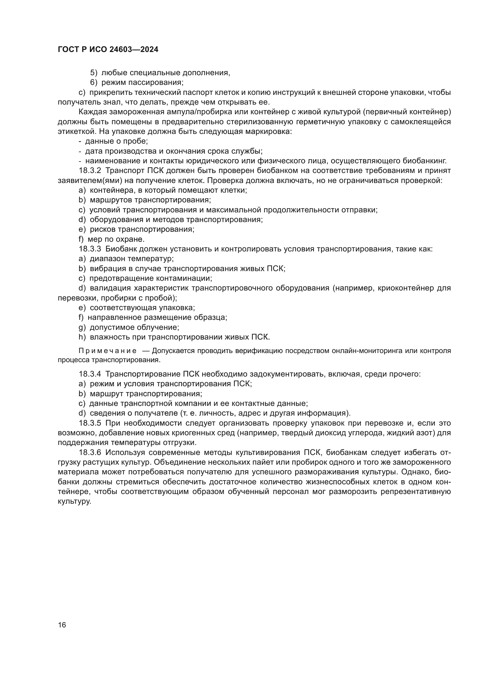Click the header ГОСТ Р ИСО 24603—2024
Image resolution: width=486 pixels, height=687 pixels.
(x=108, y=50)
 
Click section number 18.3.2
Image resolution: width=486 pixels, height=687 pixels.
(x=90, y=171)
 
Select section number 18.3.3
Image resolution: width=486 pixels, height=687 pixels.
(x=90, y=249)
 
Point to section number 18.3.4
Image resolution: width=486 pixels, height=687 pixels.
(x=90, y=374)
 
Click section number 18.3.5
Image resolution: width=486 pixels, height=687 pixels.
(x=90, y=423)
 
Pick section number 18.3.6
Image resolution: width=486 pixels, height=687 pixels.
(x=90, y=452)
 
